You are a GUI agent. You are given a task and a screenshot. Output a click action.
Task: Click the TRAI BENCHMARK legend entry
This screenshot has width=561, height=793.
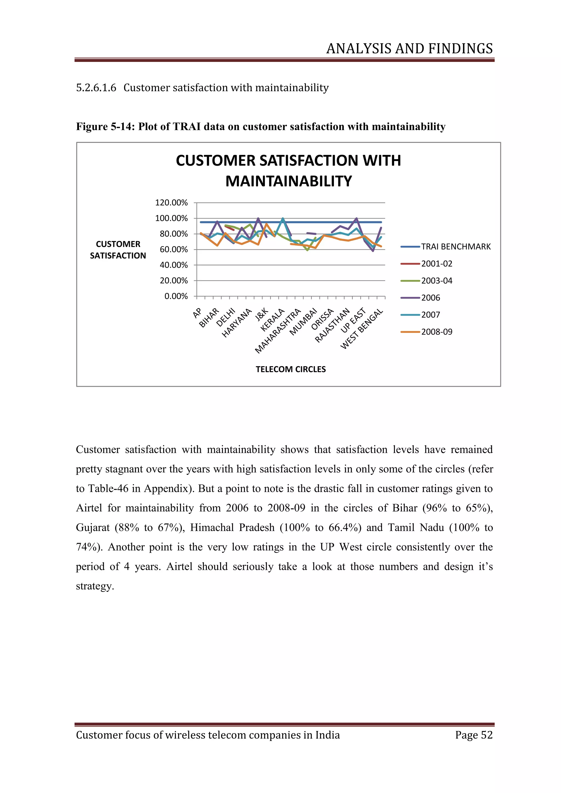(455, 247)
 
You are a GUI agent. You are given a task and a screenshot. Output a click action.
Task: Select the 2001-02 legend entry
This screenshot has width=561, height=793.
(436, 263)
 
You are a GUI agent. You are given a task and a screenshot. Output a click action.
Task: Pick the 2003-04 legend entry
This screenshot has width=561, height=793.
(436, 280)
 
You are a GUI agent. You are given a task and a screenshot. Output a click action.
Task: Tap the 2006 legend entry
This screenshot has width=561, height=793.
(430, 298)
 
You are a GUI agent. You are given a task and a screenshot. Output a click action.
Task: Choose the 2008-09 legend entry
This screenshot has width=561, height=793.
(436, 332)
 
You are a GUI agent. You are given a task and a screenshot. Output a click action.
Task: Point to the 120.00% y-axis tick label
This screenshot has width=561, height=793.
(171, 202)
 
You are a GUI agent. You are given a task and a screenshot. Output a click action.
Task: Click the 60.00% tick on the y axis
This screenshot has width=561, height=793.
(173, 249)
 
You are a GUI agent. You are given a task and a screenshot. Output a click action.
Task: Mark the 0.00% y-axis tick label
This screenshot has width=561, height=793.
(176, 296)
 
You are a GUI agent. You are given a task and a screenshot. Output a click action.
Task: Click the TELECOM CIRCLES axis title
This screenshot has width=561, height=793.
(291, 369)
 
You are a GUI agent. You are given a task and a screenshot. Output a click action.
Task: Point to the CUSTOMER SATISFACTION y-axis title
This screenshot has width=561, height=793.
(118, 250)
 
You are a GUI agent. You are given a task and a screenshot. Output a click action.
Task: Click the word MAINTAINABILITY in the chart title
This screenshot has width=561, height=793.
(288, 181)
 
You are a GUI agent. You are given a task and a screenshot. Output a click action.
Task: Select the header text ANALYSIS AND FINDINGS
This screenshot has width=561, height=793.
(409, 49)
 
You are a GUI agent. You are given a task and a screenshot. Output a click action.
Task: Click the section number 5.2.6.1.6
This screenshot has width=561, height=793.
(96, 88)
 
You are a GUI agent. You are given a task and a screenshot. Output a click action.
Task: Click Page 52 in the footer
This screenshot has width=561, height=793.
(474, 735)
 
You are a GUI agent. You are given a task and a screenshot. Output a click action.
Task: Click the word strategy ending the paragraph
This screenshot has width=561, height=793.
(95, 586)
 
